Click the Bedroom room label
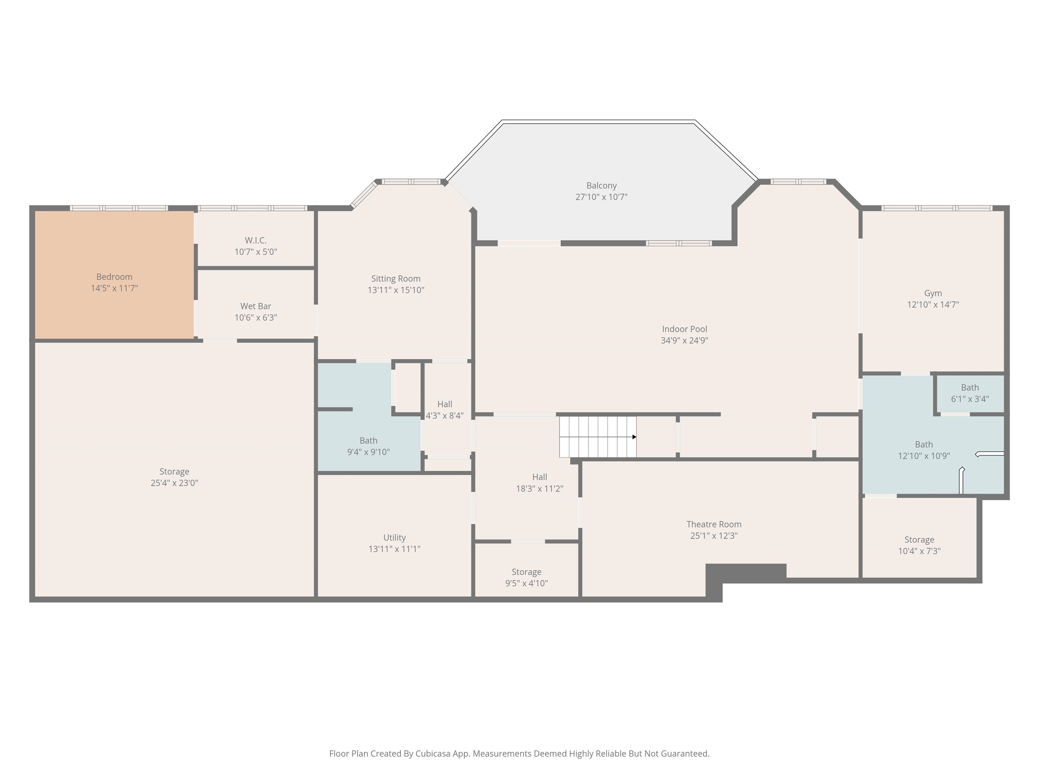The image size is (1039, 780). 114,277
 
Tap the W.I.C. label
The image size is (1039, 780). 256,240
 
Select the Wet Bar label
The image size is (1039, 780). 256,306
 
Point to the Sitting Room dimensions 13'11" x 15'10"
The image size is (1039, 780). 396,290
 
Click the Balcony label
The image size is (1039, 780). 601,186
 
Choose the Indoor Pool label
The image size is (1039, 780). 684,329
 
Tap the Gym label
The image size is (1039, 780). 933,294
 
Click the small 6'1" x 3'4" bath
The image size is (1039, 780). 970,393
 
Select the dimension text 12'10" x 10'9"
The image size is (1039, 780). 924,456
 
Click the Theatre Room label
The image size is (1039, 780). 714,524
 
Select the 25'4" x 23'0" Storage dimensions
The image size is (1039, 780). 174,483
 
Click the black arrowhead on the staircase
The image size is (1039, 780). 634,437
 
